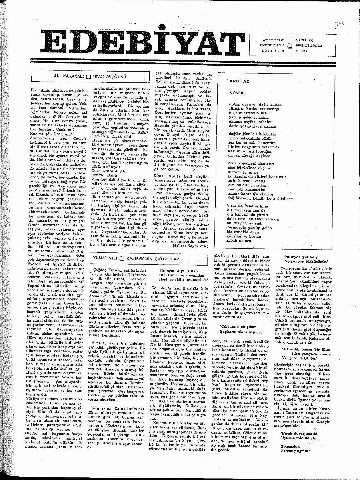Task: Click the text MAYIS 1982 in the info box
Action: (x=305, y=41)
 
